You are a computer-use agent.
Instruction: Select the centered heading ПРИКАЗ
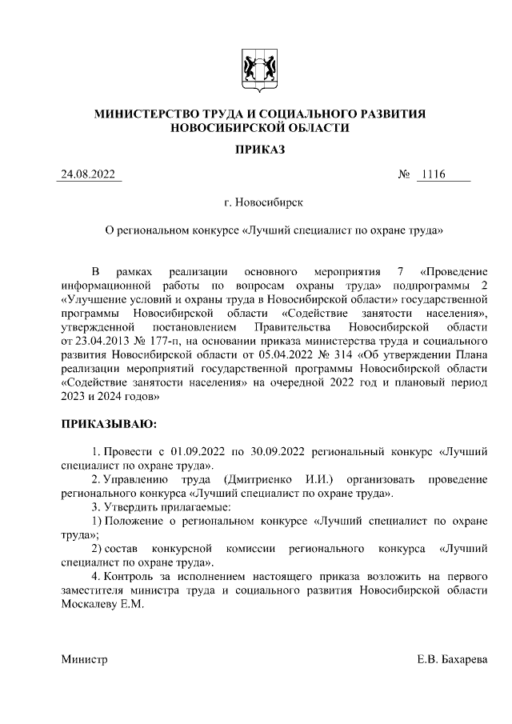coord(255,150)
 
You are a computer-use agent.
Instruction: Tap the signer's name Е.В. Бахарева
coord(451,660)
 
